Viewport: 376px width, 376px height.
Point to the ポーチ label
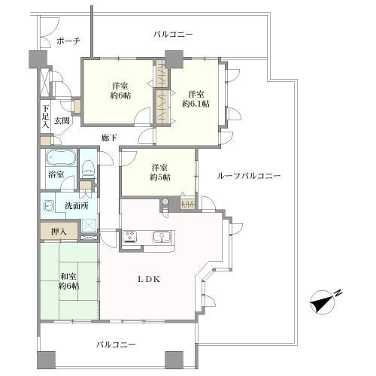tap(68, 41)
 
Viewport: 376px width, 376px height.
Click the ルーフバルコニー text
tap(248, 175)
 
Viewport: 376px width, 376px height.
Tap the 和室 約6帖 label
tap(68, 280)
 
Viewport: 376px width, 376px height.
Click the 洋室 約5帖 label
tap(159, 172)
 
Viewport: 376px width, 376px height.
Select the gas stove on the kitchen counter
tap(130, 238)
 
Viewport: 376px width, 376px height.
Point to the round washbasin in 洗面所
tap(48, 205)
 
